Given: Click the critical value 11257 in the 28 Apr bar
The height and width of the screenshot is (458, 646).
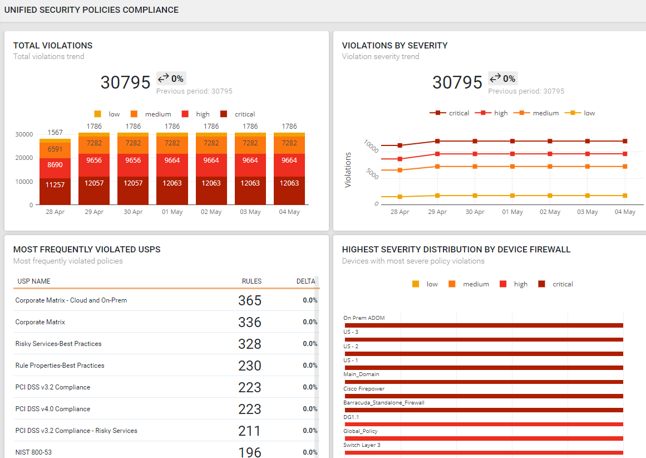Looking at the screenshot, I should pyautogui.click(x=55, y=185).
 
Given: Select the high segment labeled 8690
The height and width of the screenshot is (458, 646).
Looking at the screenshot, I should pyautogui.click(x=55, y=165).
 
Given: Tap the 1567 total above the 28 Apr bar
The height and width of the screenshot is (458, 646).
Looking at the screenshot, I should pyautogui.click(x=55, y=133).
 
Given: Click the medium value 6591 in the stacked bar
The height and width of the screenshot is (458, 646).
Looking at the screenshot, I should pyautogui.click(x=55, y=149).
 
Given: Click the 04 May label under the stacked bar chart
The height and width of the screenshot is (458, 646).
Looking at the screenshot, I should pyautogui.click(x=289, y=212).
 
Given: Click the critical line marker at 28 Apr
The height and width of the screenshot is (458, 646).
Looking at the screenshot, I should pyautogui.click(x=400, y=145).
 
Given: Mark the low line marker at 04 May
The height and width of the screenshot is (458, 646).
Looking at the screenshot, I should pyautogui.click(x=625, y=196).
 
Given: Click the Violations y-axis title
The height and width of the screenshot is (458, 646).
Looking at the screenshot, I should pyautogui.click(x=348, y=170).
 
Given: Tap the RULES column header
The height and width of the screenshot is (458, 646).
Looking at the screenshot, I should pyautogui.click(x=252, y=281).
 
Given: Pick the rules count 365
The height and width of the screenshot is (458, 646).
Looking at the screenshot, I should pyautogui.click(x=250, y=301).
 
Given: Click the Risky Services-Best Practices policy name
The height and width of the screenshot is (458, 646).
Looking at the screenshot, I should pyautogui.click(x=58, y=344).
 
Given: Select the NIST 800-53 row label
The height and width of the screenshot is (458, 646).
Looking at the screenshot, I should pyautogui.click(x=33, y=452).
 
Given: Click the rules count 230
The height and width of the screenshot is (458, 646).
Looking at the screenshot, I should pyautogui.click(x=250, y=366).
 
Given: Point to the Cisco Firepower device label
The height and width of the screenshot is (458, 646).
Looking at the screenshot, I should pyautogui.click(x=364, y=389).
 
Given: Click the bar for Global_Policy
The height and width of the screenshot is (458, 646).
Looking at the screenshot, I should pyautogui.click(x=483, y=438).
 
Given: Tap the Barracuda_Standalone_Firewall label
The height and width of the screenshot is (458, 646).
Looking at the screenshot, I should pyautogui.click(x=384, y=403).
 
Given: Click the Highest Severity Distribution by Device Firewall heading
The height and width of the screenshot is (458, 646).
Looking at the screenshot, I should pyautogui.click(x=456, y=250).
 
